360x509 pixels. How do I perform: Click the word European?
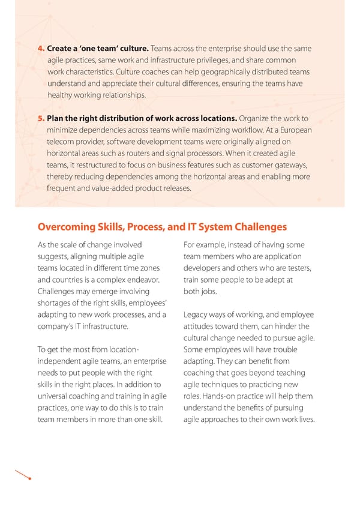pos(294,130)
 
